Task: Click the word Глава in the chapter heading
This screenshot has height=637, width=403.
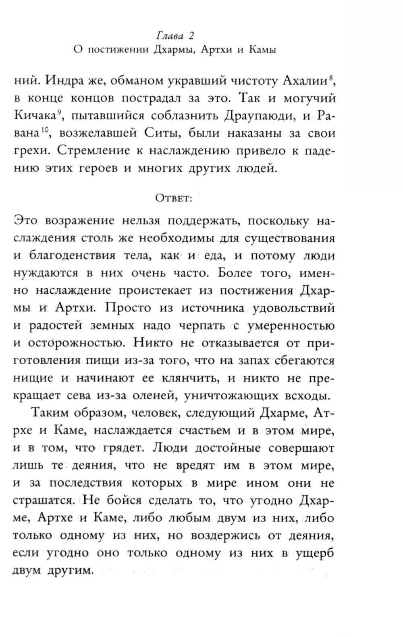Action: [169, 36]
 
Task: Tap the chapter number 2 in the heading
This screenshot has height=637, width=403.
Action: [191, 36]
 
